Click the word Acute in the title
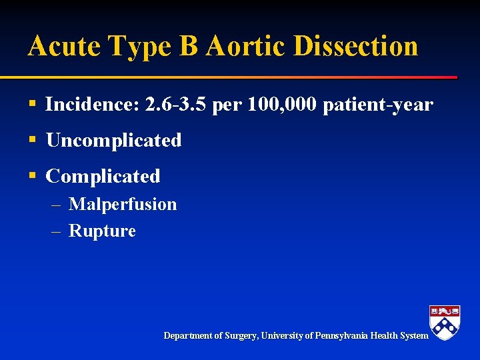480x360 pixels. [x=63, y=46]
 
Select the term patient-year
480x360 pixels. [x=378, y=105]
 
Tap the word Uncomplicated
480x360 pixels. [x=113, y=141]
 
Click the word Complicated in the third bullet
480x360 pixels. [x=103, y=177]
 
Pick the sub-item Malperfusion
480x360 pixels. [x=123, y=204]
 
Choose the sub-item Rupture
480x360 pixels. [x=102, y=231]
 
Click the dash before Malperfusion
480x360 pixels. [x=57, y=205]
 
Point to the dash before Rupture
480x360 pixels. [x=57, y=232]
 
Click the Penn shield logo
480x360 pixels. [x=445, y=322]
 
